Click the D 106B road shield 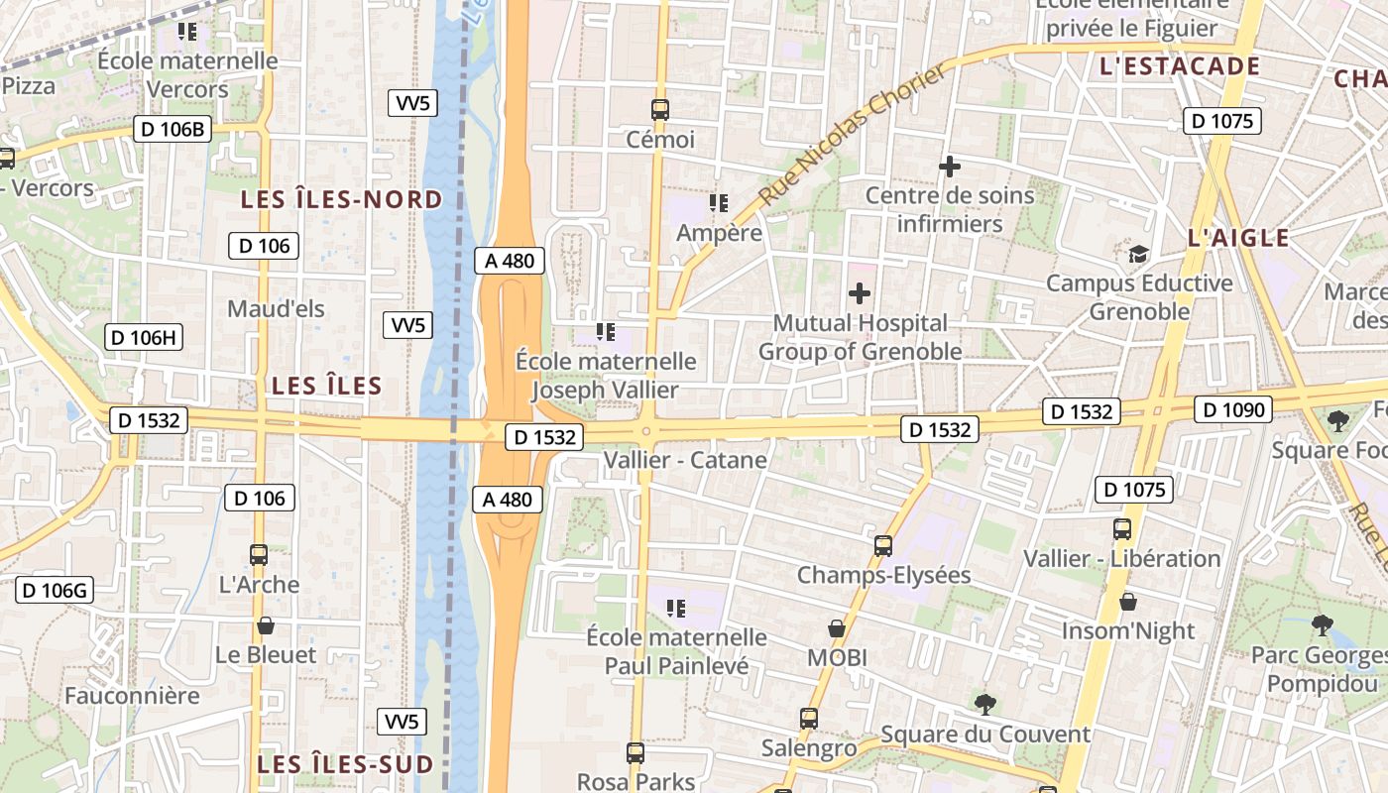(173, 129)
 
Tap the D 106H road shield (144, 337)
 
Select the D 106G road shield (55, 591)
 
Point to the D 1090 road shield (1232, 409)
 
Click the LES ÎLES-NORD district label (342, 199)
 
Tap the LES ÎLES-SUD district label (345, 764)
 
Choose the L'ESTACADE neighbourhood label (1179, 66)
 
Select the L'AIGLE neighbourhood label (1238, 238)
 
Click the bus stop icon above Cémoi (660, 110)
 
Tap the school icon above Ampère (719, 203)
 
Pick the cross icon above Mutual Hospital (860, 293)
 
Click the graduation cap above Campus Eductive (1139, 254)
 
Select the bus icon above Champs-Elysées (882, 545)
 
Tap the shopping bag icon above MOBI (837, 628)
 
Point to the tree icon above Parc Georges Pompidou (1322, 624)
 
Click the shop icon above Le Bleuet (265, 625)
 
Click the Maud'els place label (276, 308)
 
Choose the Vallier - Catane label (685, 460)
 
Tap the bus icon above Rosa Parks (636, 752)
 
